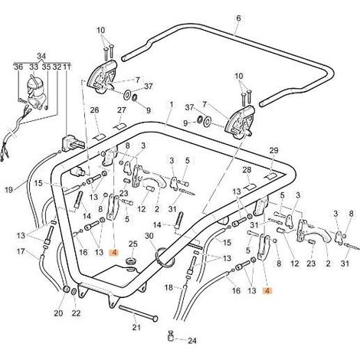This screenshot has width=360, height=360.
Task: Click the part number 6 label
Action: click(238, 18)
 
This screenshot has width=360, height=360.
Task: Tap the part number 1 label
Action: click(172, 105)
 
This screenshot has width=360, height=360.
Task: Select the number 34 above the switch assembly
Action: click(41, 56)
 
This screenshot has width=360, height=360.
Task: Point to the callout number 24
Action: click(192, 341)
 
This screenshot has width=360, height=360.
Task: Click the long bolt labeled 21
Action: click(139, 313)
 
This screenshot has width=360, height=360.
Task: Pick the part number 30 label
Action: click(149, 236)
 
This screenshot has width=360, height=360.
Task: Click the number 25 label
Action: click(133, 244)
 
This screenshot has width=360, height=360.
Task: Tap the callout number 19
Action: click(9, 190)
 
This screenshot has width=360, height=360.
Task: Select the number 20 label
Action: click(58, 313)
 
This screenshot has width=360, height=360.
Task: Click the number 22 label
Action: click(76, 313)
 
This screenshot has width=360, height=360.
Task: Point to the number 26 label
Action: click(94, 110)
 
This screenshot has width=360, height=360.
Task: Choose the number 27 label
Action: click(122, 110)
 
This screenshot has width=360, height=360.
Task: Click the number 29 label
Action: click(273, 151)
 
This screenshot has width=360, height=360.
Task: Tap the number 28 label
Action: click(247, 170)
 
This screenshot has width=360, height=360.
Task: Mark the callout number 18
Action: click(169, 288)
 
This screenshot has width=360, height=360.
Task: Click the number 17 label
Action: click(21, 252)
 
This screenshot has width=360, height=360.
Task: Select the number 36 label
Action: click(18, 67)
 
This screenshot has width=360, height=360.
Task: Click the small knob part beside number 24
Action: click(172, 335)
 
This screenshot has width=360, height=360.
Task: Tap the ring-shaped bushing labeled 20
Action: click(67, 290)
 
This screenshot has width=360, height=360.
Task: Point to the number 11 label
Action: click(67, 67)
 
